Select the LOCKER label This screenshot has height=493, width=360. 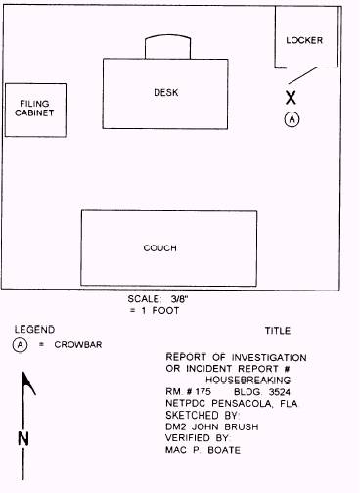304,41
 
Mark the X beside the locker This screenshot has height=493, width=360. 291,97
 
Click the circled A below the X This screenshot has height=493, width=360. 291,118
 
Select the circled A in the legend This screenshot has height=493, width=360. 21,344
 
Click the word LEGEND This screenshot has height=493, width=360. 33,329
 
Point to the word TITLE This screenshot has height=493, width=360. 278,331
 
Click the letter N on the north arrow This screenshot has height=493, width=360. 22,438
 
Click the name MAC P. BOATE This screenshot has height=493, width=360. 202,449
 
